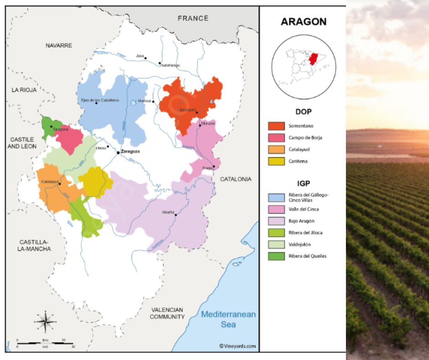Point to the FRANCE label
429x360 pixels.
point(193,18)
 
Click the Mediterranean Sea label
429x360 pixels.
point(229,319)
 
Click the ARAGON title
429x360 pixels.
point(303,22)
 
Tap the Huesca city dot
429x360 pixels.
point(153,101)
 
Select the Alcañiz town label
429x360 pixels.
point(167,212)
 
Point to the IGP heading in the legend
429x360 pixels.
point(303,184)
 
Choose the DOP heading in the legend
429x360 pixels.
point(303,111)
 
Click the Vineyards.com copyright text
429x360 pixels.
point(237,346)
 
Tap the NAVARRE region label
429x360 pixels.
point(59,46)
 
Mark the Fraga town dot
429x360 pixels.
point(214,167)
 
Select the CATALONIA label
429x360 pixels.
point(235,180)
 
